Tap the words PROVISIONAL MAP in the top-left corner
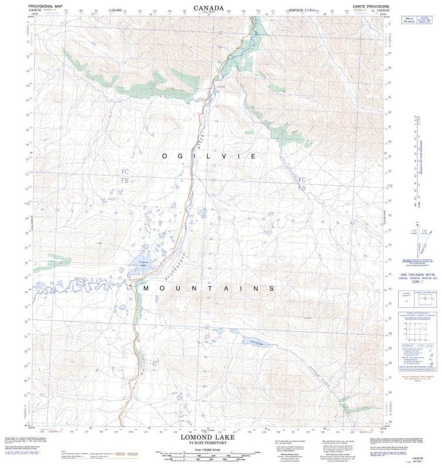45,5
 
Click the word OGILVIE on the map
209,157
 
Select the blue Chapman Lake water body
142,263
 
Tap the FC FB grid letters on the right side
302,184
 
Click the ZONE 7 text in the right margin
416,282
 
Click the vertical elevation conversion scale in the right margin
418,158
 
